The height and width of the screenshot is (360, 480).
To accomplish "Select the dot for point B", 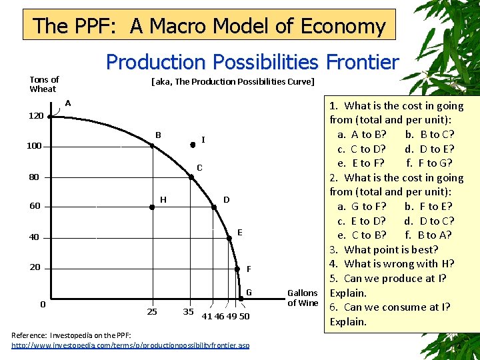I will (x=152, y=146).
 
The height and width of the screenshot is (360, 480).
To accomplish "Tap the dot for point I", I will (x=193, y=145).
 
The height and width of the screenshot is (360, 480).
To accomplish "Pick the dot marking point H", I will (x=152, y=207).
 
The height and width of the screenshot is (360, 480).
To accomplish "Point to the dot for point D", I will (x=215, y=207).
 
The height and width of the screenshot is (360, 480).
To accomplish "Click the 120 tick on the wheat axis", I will (x=35, y=116).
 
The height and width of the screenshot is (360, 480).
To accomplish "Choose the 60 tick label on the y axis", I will (x=35, y=206).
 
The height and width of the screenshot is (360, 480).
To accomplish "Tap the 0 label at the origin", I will (x=43, y=304).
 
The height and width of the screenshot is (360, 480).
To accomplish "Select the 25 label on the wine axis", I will (x=152, y=311).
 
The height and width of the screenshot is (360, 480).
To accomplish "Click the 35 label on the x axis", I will (x=188, y=311).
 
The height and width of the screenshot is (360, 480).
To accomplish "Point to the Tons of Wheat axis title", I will (x=43, y=84).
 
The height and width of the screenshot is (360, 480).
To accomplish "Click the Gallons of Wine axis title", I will (x=302, y=298).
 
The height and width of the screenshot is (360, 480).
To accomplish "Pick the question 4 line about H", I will (x=391, y=264).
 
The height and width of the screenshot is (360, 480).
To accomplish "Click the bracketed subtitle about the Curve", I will (x=233, y=82).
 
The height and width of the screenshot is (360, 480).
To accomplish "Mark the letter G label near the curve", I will (x=249, y=292).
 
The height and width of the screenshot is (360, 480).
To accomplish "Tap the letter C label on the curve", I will (x=199, y=168).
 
